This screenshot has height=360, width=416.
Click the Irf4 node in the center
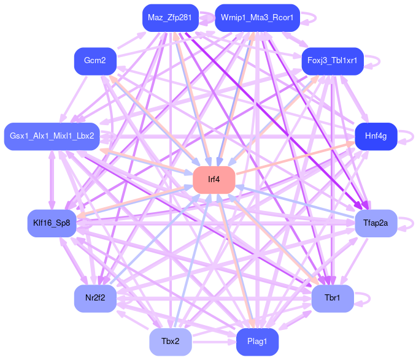(214, 180)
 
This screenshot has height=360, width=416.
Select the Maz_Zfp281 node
(169, 18)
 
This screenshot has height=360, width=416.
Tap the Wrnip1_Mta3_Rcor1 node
(257, 18)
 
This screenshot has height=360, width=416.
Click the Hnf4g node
(376, 136)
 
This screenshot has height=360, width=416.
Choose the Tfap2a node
(376, 223)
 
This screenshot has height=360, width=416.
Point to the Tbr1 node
(333, 298)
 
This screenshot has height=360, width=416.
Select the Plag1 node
(257, 342)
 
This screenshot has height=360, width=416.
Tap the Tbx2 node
(171, 342)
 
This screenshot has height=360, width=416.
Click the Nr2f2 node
(95, 298)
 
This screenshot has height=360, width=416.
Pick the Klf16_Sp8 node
(52, 223)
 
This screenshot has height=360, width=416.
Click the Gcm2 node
(95, 61)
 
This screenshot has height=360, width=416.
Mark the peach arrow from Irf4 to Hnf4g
(295, 158)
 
